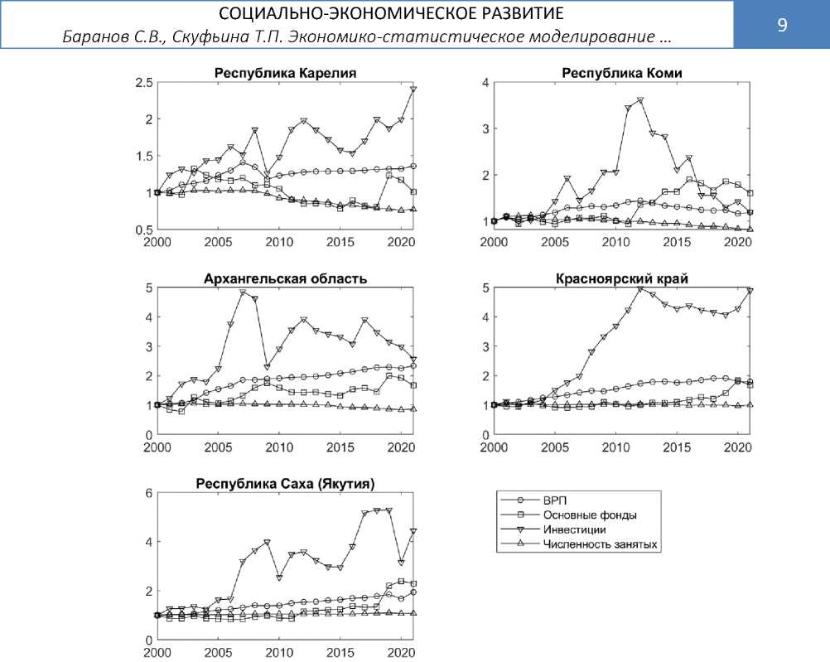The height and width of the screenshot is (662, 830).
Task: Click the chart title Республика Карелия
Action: (285, 73)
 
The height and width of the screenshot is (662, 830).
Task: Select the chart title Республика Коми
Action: (621, 73)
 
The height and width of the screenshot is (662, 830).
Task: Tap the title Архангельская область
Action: (285, 278)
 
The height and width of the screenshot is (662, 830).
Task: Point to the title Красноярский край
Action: (622, 278)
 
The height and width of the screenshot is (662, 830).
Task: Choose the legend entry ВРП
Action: (554, 500)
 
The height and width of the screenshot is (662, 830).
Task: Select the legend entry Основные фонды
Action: (589, 515)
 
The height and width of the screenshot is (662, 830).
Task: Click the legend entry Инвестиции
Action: (574, 529)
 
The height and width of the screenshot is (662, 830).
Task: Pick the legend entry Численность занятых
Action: (600, 544)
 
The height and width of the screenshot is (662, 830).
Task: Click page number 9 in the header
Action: (781, 25)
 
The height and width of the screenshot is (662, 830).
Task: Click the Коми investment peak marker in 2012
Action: (639, 101)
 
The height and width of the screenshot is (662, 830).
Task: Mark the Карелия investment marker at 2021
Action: (413, 89)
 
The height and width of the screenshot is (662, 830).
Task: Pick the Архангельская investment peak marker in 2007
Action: (243, 292)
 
